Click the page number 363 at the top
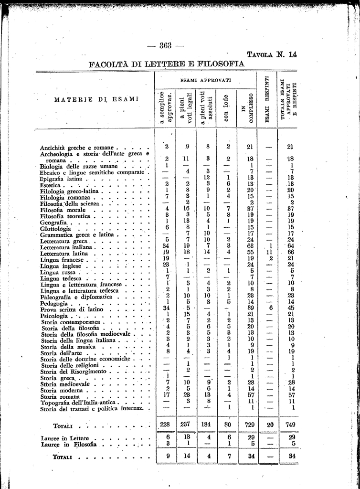pyautogui.click(x=166, y=46)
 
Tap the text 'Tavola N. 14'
pyautogui.click(x=271, y=54)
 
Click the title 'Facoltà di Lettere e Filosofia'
pyautogui.click(x=167, y=64)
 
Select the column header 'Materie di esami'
pyautogui.click(x=96, y=99)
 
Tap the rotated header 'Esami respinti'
pyautogui.click(x=267, y=100)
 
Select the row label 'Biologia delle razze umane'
pyautogui.click(x=75, y=166)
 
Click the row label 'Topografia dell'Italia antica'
pyautogui.click(x=76, y=402)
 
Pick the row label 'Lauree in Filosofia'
pyautogui.click(x=69, y=444)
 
